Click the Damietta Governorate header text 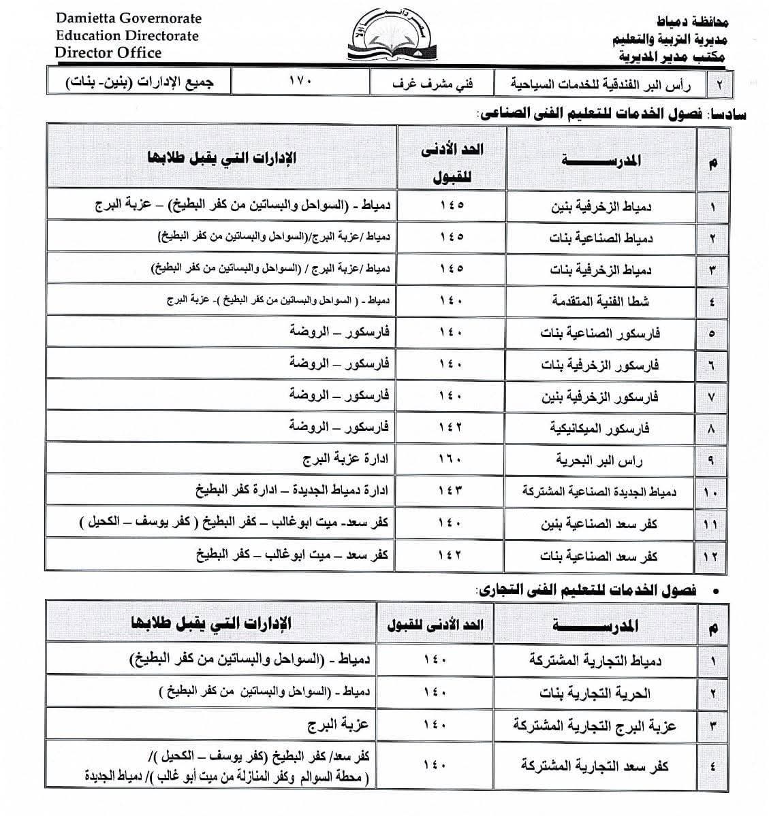click(129, 18)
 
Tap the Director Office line click(108, 52)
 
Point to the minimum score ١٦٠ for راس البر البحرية click(451, 459)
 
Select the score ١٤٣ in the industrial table click(451, 491)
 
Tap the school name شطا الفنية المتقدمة click(600, 301)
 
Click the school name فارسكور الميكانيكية click(599, 428)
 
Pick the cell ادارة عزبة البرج click(345, 459)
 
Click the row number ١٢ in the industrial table click(711, 556)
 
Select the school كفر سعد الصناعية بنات click(599, 556)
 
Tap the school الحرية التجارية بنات click(595, 693)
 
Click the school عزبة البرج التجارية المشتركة click(594, 726)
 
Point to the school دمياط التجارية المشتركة click(595, 660)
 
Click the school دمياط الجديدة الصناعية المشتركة click(599, 491)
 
